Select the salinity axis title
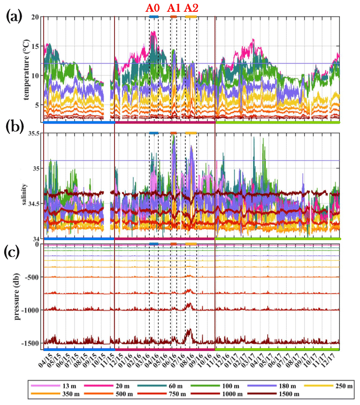tap(27, 187)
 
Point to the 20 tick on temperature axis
tap(36, 17)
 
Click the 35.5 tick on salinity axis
tap(33, 133)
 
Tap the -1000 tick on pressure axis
tap(32, 310)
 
